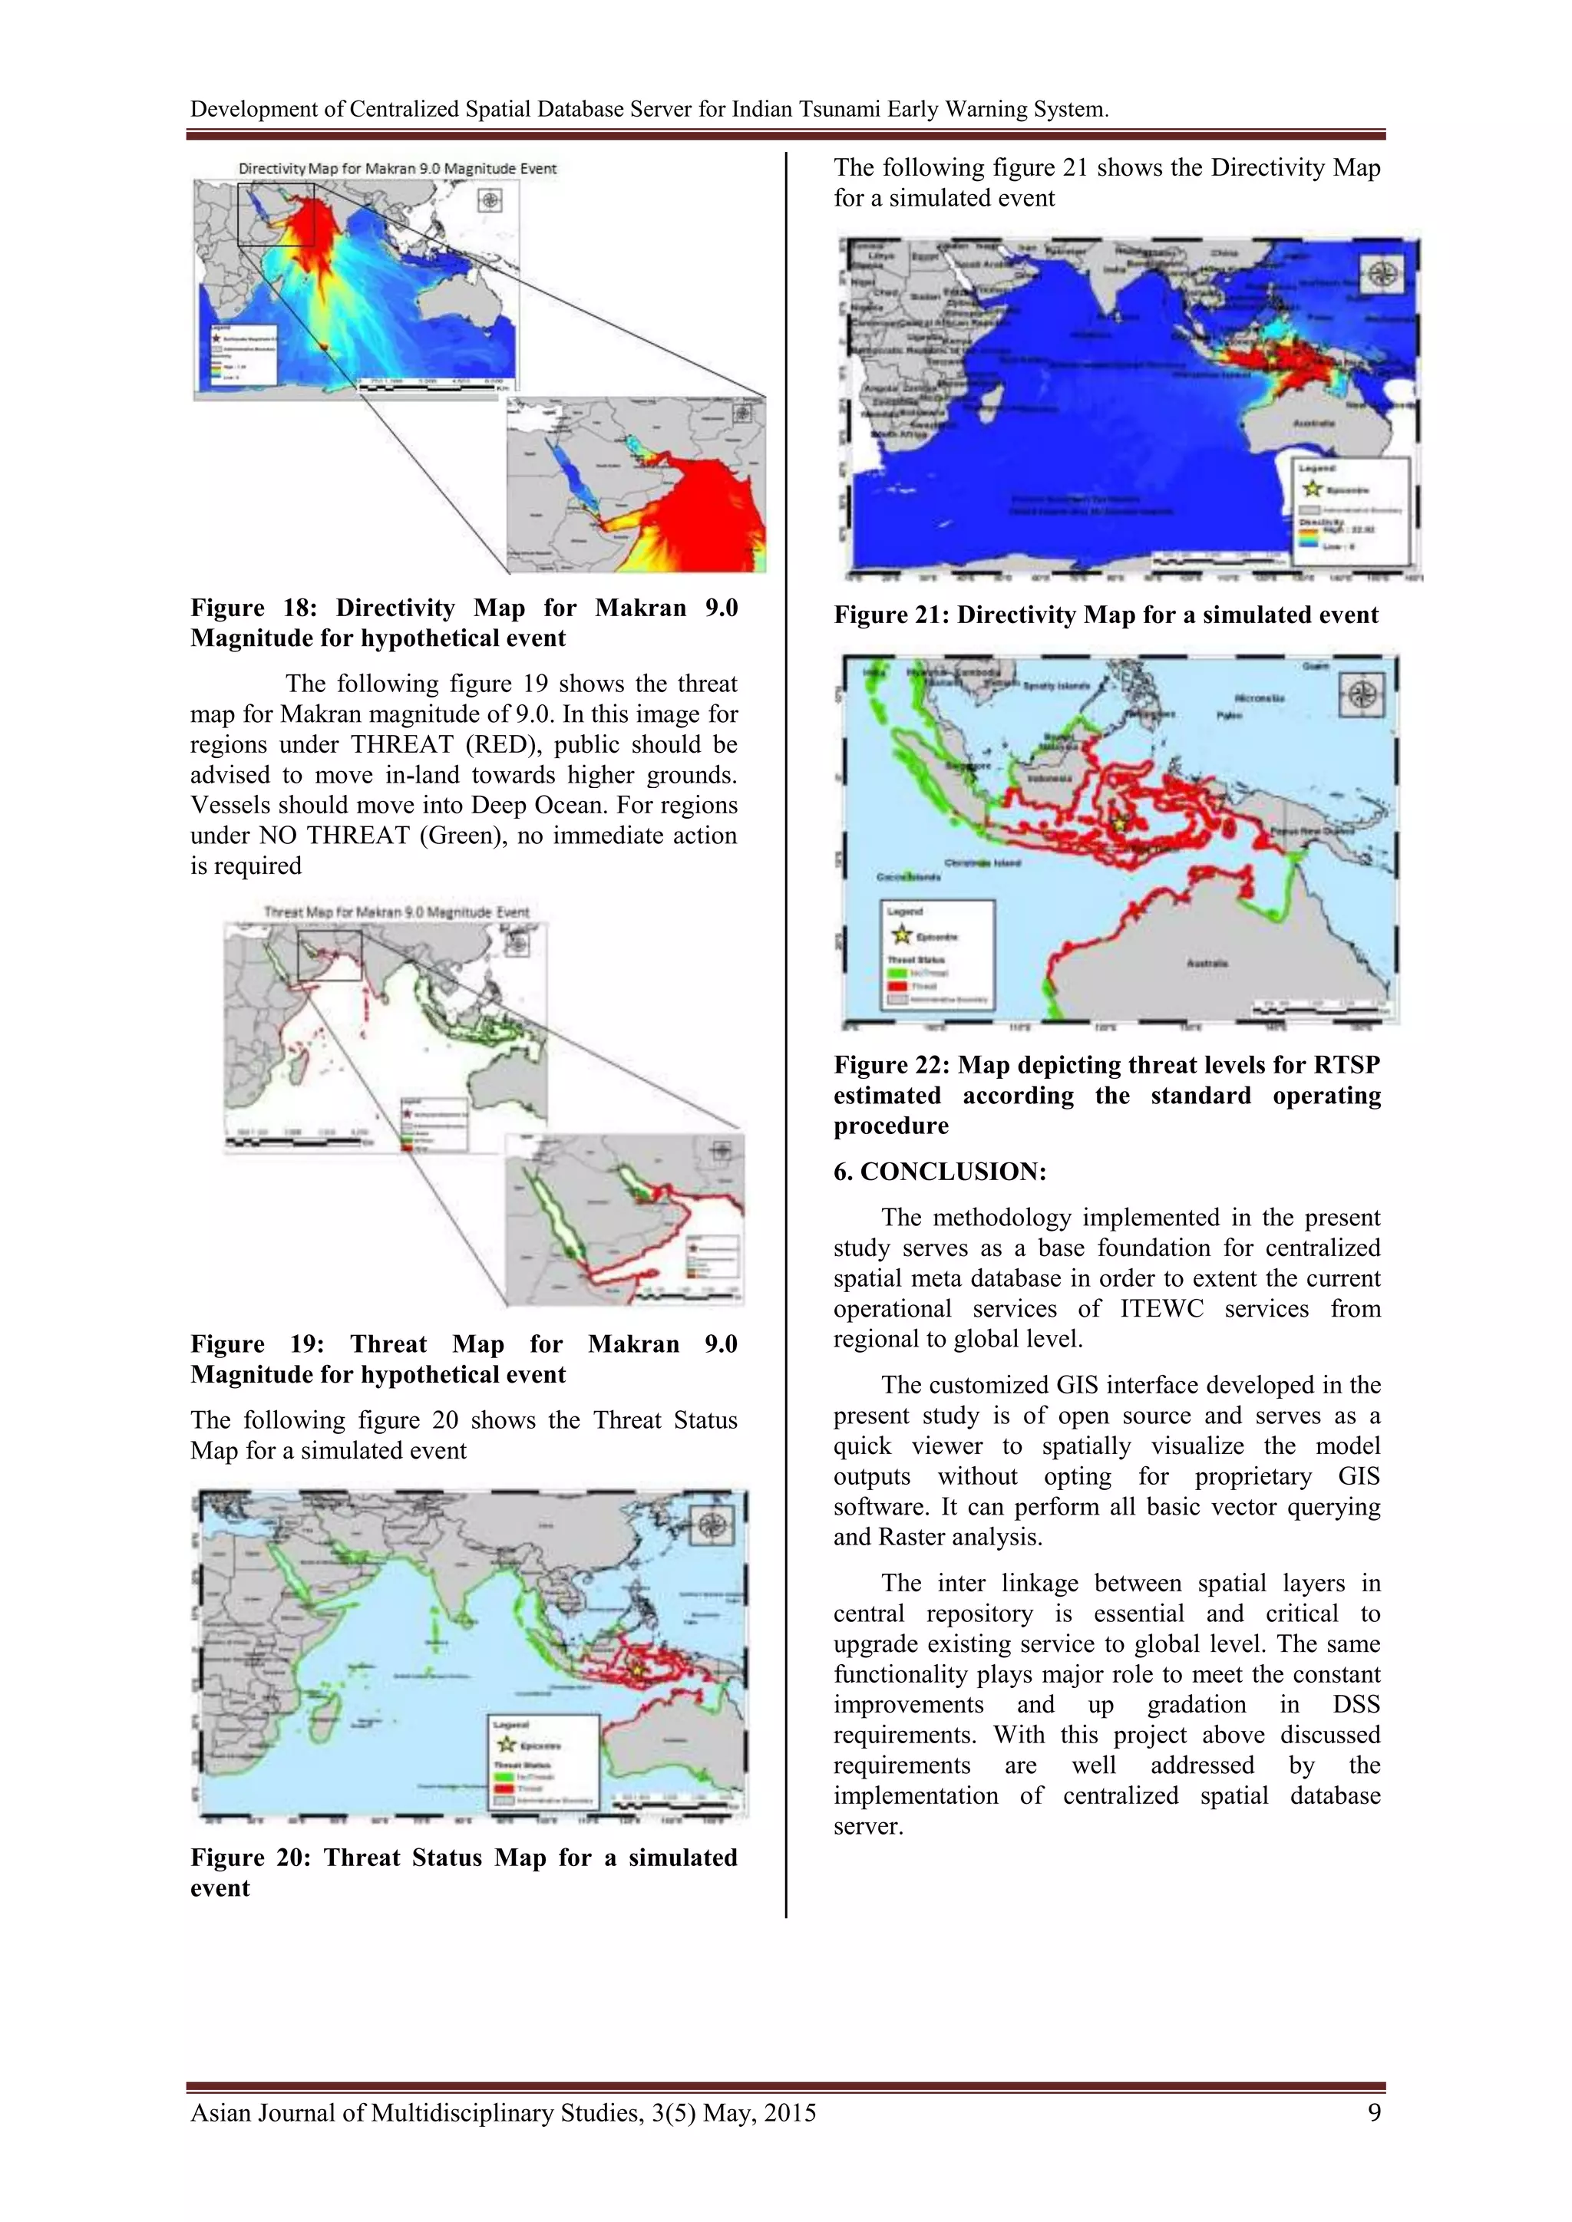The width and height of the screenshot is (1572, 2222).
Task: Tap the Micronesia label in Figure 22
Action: pos(1260,697)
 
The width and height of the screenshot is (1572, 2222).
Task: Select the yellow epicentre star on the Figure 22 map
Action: pos(1120,822)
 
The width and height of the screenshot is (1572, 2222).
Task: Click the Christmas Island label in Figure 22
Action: pos(982,862)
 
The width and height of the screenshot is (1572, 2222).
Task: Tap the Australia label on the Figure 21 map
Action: pos(1313,424)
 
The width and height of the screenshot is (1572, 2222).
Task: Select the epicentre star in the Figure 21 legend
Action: pos(1312,489)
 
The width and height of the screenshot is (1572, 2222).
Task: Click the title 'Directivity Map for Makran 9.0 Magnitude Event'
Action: pos(397,168)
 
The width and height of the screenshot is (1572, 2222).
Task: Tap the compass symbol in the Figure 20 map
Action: pos(712,1526)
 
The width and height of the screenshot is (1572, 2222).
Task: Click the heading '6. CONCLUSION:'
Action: pos(939,1171)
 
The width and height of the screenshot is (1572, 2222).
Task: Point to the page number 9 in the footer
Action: pos(1372,2112)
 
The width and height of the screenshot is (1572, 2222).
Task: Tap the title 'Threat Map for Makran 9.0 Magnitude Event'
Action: pos(397,912)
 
